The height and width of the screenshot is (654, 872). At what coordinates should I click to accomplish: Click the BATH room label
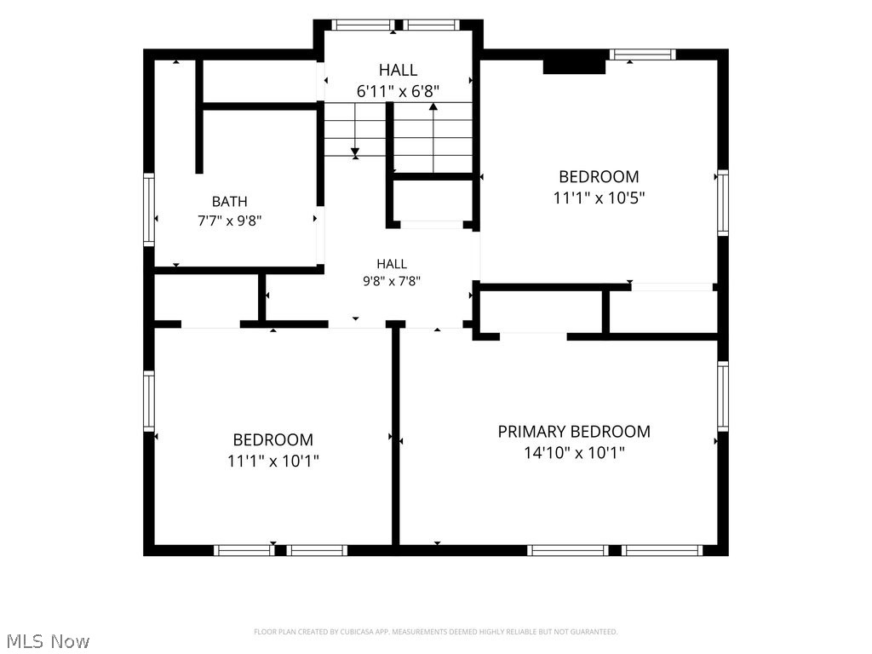tap(229, 201)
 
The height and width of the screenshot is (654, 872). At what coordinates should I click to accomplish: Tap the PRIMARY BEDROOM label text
tap(574, 432)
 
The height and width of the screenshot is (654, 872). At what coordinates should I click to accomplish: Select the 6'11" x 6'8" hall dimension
tap(399, 91)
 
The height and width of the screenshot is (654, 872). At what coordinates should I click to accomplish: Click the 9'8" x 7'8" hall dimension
tap(392, 281)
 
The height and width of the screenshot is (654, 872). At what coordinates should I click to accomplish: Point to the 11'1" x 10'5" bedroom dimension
tap(599, 198)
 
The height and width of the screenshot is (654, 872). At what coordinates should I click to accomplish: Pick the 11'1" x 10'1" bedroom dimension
tap(273, 461)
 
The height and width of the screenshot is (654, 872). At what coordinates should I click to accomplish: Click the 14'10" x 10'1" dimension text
tap(575, 453)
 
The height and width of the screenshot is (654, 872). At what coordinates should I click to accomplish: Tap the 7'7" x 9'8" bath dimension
tap(230, 221)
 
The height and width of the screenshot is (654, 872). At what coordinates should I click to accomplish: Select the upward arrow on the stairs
tap(433, 137)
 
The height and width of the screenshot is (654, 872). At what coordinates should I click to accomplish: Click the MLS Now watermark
tap(48, 641)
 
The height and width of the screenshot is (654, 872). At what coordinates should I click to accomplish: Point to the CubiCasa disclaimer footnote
tap(435, 632)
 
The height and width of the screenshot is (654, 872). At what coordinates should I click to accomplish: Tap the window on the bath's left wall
tap(149, 209)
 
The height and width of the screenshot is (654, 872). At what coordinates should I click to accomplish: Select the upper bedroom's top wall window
tap(642, 54)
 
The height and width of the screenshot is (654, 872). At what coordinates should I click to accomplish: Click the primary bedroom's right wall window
tap(723, 396)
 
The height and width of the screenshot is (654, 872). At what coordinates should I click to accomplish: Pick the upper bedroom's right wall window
tap(723, 203)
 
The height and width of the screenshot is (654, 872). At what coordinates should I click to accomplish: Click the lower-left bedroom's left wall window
tap(149, 401)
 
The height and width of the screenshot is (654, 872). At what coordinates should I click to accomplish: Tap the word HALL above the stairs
tap(399, 70)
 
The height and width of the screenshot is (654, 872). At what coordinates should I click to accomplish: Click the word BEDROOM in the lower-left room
tap(273, 440)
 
